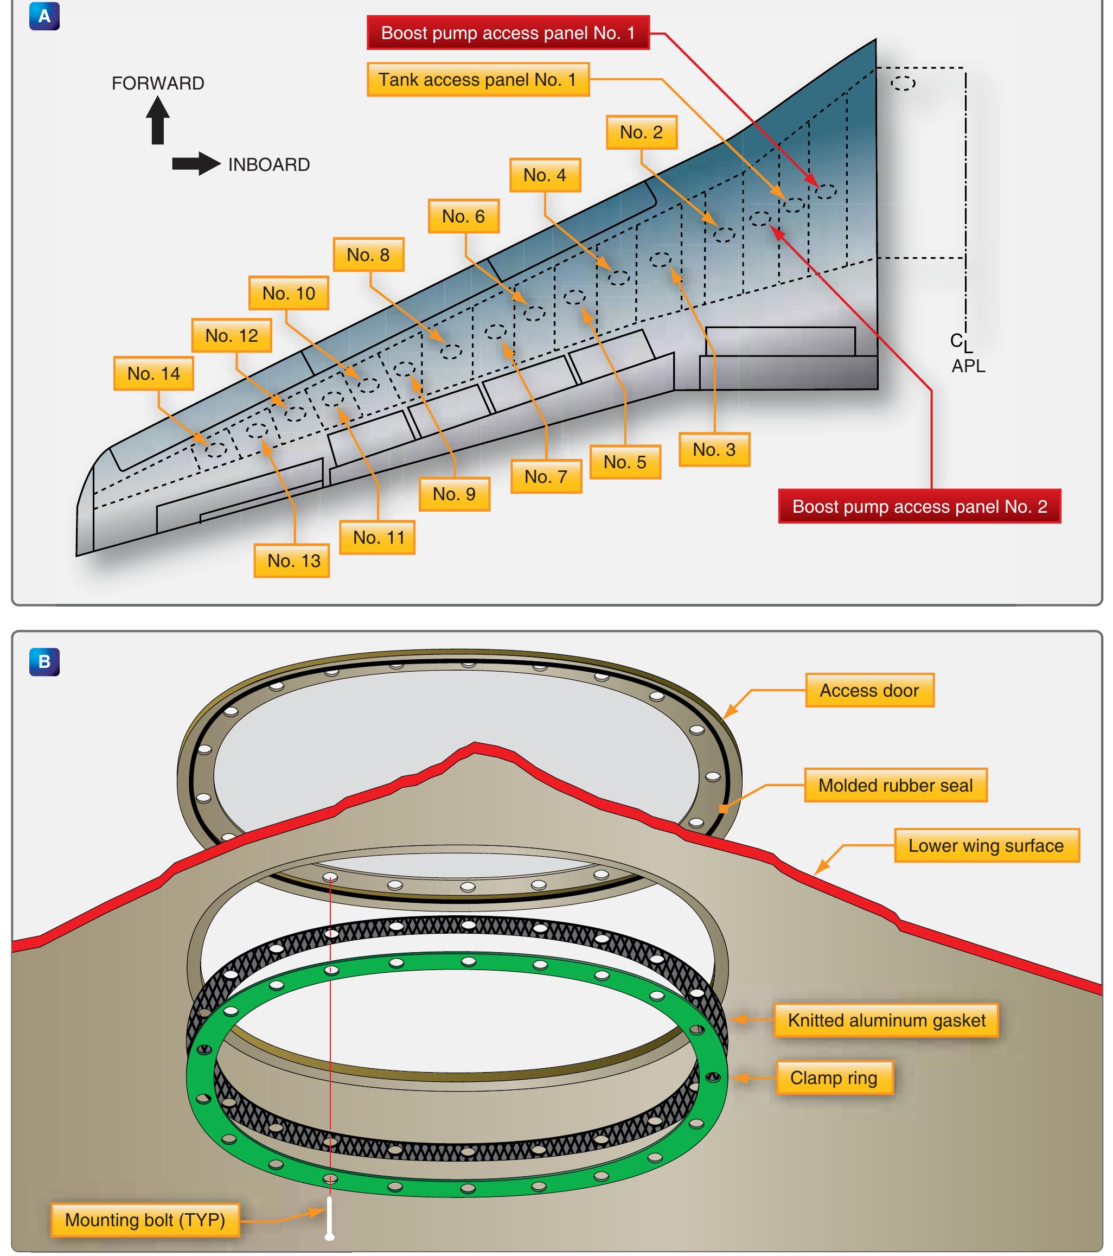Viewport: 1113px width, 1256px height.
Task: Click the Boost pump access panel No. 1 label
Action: [x=508, y=33]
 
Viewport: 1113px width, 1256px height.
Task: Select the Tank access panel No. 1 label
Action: [x=478, y=79]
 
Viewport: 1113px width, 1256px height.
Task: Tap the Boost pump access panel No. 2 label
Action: [x=919, y=506]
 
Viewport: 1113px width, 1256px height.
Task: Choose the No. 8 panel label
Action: [x=368, y=254]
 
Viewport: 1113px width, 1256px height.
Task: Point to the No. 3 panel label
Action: [x=714, y=449]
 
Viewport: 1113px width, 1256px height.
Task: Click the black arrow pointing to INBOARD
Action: [x=196, y=164]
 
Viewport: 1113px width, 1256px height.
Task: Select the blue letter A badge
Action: [x=44, y=16]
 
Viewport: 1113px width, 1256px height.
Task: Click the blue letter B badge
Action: [x=44, y=662]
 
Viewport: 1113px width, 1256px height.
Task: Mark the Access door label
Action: [x=869, y=690]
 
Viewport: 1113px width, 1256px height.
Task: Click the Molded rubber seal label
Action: [x=895, y=785]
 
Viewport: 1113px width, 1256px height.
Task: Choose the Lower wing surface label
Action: [x=986, y=845]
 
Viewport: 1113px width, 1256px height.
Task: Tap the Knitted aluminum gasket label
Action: [x=886, y=1020]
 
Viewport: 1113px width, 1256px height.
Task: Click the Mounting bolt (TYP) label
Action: [x=145, y=1220]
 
